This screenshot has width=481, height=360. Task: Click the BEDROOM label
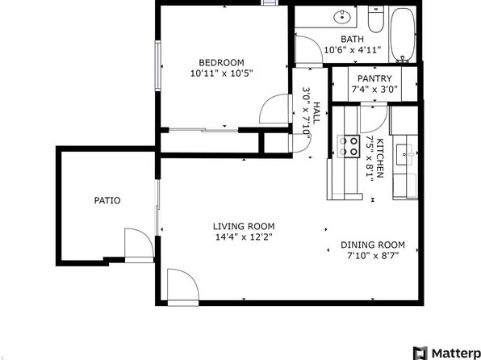coord(221,63)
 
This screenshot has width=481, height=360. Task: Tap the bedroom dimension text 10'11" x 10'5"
coord(221,73)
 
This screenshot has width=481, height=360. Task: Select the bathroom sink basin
coord(342,17)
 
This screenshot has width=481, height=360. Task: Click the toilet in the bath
coord(376,19)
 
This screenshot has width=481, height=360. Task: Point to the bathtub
coord(403,35)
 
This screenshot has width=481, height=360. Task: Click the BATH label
coord(352,40)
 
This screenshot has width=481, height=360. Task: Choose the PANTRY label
coord(374,78)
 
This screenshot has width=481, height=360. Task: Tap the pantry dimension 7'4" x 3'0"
coord(374,90)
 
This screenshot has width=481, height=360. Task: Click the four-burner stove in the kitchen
coord(349,146)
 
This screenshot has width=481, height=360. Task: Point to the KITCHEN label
coord(380,158)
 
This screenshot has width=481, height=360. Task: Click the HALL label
coord(316,113)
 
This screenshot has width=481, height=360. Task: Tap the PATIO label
coord(107,201)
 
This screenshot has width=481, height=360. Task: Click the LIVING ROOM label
coord(244,227)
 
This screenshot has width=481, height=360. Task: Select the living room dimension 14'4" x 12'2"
coord(244,237)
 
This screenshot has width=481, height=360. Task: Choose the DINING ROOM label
coord(373,245)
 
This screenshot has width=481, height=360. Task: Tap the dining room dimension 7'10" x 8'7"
coord(373,256)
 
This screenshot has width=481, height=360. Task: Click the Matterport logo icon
coord(420,354)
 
